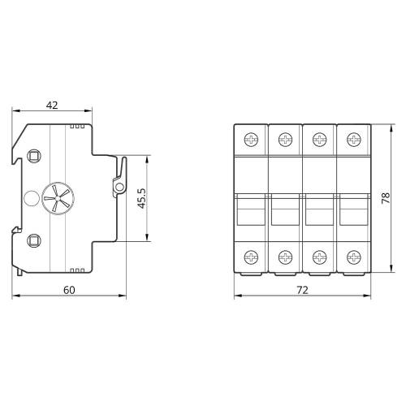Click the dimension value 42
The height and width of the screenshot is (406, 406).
point(52,106)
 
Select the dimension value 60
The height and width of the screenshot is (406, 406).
point(69,290)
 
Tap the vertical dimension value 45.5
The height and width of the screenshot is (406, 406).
point(141,198)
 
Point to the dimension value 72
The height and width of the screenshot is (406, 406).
point(302,290)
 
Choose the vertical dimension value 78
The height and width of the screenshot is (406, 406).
point(386,198)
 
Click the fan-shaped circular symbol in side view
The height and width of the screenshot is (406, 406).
point(58,198)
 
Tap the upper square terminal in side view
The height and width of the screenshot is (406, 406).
point(34,156)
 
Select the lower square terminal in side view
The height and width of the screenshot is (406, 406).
point(34,240)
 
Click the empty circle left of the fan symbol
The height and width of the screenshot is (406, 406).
point(32,198)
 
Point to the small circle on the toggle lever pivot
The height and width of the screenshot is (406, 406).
point(119,187)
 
